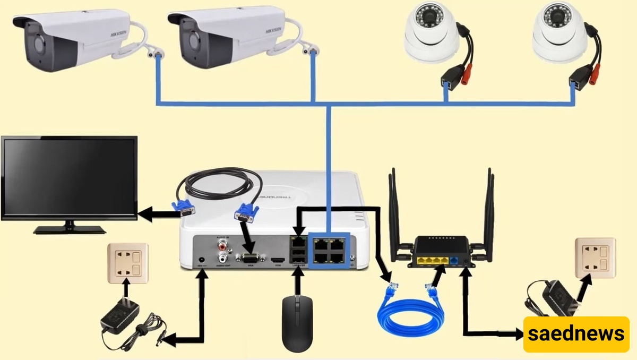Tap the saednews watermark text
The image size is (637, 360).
[576, 334]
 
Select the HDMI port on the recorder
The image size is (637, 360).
[276, 260]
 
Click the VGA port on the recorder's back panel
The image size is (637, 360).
[249, 259]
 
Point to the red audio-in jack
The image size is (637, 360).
[221, 245]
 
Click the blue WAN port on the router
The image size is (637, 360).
[453, 261]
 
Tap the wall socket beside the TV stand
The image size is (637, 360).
[127, 263]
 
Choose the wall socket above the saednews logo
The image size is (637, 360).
[595, 258]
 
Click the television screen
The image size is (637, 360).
[69, 177]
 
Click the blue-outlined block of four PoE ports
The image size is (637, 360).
[329, 250]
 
